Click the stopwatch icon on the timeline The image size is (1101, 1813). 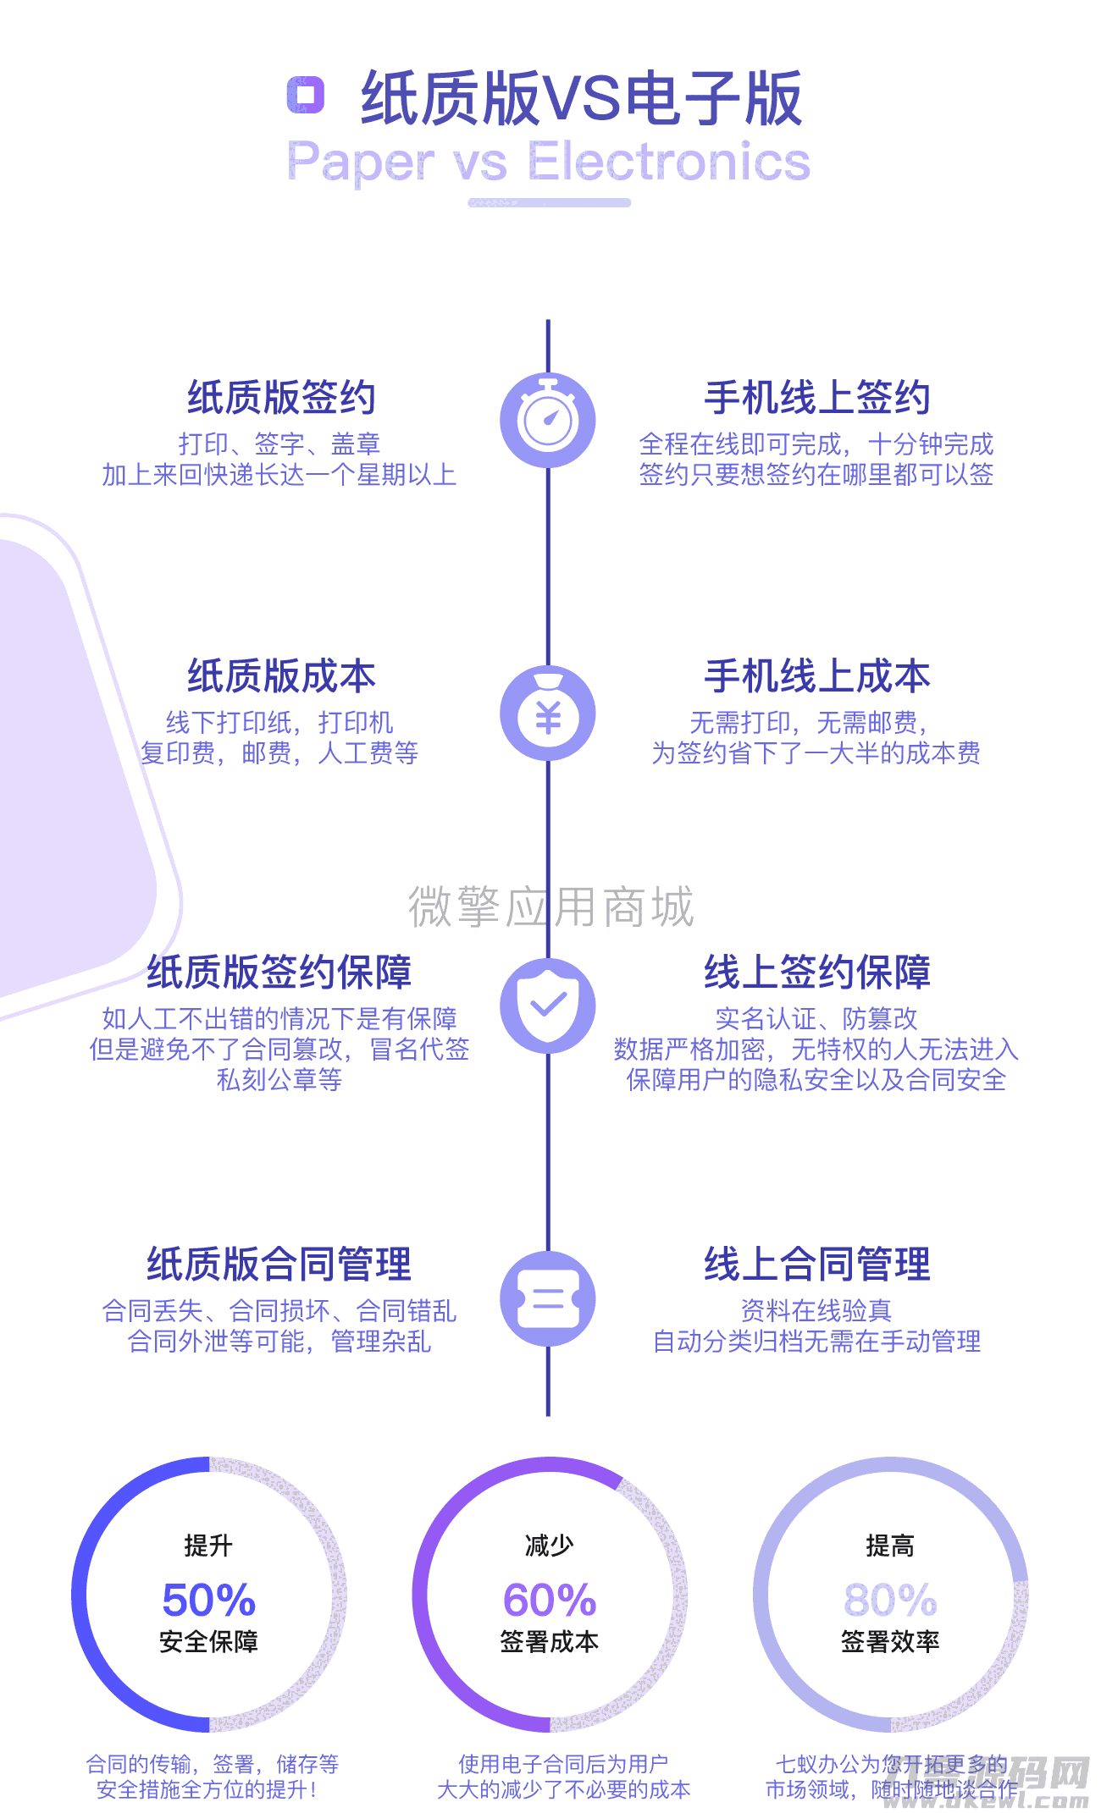(548, 420)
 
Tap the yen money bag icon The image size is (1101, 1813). (548, 714)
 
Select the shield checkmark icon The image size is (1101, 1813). (548, 1006)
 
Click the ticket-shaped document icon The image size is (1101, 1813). (548, 1298)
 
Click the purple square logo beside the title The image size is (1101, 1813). (306, 95)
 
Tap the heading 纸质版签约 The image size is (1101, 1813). (281, 397)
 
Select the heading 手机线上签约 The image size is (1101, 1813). (817, 397)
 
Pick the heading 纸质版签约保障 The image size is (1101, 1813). (279, 972)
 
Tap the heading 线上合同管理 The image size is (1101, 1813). (817, 1264)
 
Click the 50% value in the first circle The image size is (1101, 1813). (209, 1600)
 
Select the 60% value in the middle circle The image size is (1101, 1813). (550, 1600)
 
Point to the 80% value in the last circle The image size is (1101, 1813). (890, 1600)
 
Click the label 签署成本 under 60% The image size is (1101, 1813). (550, 1642)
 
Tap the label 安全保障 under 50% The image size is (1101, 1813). (209, 1642)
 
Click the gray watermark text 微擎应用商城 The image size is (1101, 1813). (550, 906)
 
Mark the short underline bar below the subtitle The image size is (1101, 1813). (550, 203)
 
